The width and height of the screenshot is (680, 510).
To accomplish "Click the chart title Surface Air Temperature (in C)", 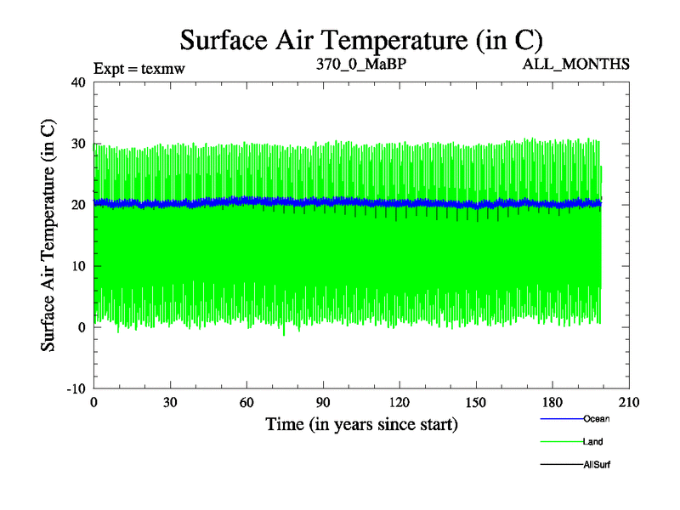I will [x=361, y=39].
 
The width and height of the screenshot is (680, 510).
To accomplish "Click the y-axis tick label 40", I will [x=78, y=82].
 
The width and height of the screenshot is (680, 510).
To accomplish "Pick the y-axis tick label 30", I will [x=78, y=144].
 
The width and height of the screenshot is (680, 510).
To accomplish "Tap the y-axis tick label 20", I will [x=78, y=205].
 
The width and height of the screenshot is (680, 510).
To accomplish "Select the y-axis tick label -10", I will [x=76, y=388].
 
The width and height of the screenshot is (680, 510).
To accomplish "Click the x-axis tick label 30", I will [x=170, y=403].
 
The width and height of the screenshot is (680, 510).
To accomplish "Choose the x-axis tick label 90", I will [x=323, y=403].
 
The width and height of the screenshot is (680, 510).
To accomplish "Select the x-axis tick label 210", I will [x=629, y=403].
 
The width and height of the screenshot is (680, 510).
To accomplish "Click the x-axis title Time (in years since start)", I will [x=361, y=423].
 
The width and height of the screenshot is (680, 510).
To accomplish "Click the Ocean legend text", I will [x=597, y=418].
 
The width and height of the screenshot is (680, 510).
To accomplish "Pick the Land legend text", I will [x=593, y=442].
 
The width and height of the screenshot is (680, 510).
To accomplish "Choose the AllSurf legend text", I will [x=597, y=465].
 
